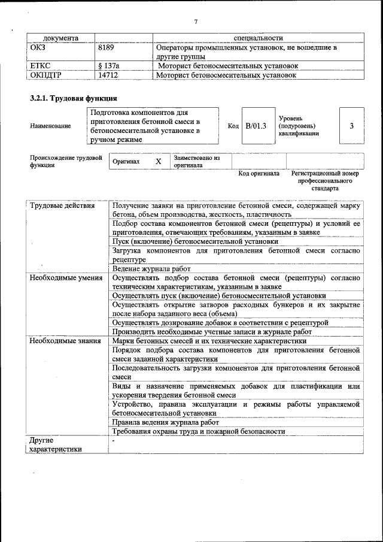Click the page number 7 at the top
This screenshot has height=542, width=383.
click(x=196, y=22)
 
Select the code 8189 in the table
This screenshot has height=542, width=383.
click(x=107, y=47)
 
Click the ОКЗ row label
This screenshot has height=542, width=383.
click(x=37, y=47)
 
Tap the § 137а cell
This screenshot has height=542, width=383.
click(x=108, y=66)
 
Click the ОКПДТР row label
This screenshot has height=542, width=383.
click(x=45, y=76)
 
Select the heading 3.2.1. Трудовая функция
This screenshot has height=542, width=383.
click(x=73, y=98)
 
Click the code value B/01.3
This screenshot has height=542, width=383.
click(x=256, y=126)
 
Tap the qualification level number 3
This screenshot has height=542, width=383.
click(x=351, y=126)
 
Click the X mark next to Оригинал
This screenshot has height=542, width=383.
click(x=158, y=162)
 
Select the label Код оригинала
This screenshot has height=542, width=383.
click(x=259, y=174)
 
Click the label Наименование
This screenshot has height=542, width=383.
click(x=50, y=126)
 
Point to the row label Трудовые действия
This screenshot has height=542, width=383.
click(x=62, y=206)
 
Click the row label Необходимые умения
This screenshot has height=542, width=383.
click(x=66, y=278)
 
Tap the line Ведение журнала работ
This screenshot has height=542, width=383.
click(x=151, y=269)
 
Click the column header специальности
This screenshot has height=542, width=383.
click(x=259, y=38)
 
